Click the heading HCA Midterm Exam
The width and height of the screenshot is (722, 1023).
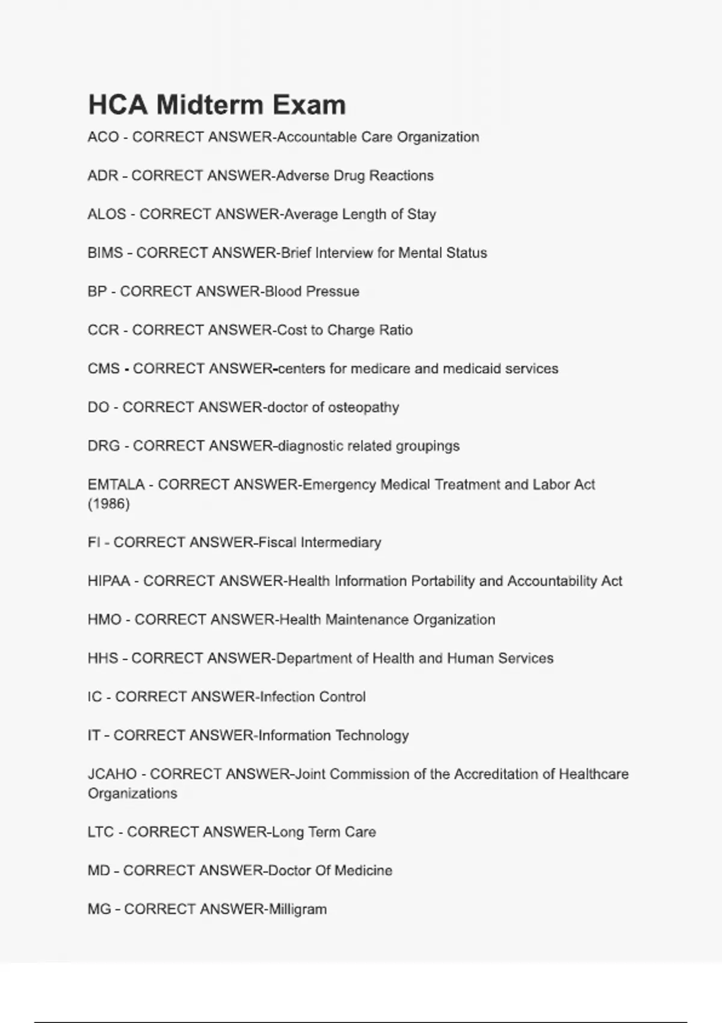point(217,105)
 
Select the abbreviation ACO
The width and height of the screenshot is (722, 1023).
point(103,137)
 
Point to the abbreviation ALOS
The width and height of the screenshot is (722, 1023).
point(106,214)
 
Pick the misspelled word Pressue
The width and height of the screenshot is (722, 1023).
point(333,291)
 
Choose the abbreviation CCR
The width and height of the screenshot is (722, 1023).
point(103,330)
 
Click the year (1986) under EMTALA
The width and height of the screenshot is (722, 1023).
point(109,504)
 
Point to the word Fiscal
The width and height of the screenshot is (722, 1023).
point(277,542)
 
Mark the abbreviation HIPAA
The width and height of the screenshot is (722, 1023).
point(108,581)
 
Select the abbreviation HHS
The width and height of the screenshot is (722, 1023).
point(103,658)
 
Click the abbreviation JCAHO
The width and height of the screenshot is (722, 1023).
point(112,774)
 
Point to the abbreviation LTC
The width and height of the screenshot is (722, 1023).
point(100,832)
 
